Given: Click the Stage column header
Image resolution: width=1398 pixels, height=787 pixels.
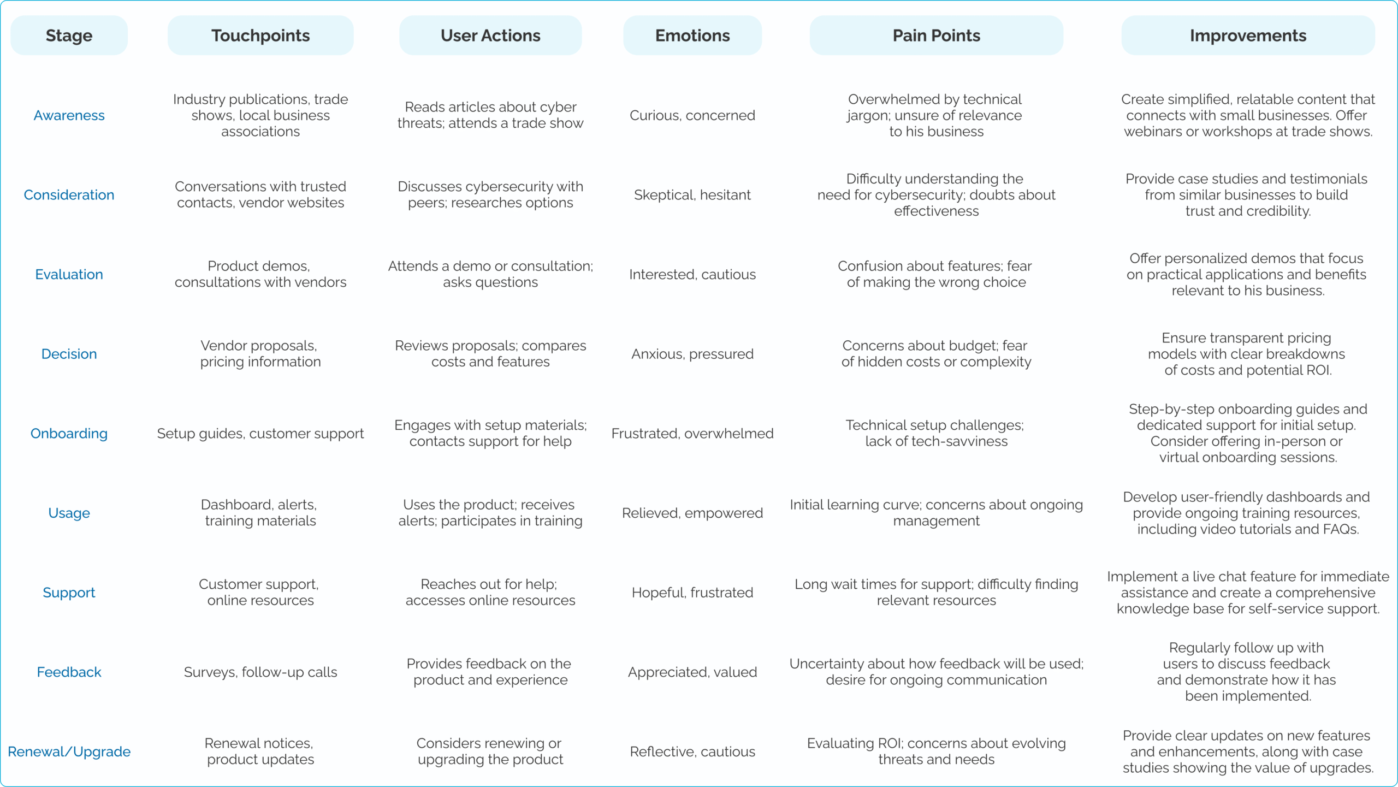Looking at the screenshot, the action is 69,35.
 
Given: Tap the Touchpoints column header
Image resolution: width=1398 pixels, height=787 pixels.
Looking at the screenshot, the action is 260,35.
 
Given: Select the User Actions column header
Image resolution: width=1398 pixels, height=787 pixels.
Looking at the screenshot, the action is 490,35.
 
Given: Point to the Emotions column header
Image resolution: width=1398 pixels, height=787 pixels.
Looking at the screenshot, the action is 692,35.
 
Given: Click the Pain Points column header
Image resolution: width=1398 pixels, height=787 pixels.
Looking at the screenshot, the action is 936,35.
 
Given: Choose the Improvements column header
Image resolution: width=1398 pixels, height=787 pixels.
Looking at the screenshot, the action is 1248,35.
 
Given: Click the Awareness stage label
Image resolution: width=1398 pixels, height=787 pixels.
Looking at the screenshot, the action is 69,115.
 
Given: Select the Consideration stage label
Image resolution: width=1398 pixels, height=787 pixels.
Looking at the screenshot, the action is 69,195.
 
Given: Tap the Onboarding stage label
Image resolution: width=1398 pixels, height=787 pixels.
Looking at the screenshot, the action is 69,434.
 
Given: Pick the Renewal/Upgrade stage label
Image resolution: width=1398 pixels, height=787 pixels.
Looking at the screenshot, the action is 69,752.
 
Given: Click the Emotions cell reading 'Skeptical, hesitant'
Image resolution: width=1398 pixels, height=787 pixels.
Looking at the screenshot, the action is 692,195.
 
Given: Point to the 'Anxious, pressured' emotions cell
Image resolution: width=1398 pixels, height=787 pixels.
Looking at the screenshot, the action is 692,354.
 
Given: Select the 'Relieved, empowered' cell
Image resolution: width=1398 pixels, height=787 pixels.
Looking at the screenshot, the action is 692,513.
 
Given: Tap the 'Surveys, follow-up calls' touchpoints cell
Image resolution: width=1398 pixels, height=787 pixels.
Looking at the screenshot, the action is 260,672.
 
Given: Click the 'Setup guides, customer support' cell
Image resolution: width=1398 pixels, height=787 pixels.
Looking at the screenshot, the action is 260,434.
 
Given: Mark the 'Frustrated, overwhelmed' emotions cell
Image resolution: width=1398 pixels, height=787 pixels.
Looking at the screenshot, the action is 692,434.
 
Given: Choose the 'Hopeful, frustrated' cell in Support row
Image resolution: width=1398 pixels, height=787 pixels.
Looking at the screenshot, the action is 692,593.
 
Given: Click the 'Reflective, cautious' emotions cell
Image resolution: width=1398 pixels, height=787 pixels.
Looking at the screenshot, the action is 692,752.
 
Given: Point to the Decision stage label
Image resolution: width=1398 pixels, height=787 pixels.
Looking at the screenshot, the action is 69,354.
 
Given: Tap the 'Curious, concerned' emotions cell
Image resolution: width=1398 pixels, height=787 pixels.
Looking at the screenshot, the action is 692,115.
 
